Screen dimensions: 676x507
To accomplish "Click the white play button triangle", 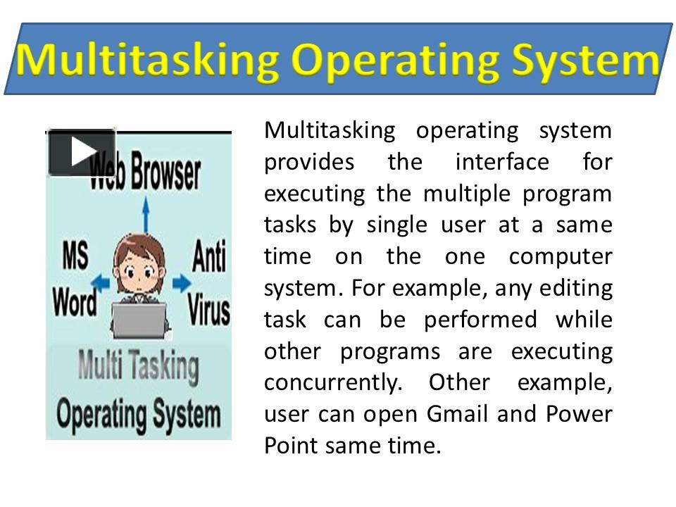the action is [x=83, y=151].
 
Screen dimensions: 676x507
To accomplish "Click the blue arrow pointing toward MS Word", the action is [x=100, y=283].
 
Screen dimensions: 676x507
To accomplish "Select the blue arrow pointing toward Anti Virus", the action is [x=182, y=283].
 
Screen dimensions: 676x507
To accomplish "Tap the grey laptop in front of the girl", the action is [x=139, y=320].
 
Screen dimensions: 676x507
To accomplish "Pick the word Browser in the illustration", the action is [x=165, y=173].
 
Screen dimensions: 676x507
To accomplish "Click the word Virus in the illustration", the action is [x=208, y=308].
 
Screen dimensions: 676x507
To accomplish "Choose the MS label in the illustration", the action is [x=75, y=255].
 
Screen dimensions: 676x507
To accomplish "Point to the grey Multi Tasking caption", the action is [x=139, y=368].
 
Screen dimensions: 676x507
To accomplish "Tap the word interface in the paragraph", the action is [x=502, y=162].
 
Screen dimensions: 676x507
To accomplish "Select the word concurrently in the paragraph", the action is [x=333, y=383].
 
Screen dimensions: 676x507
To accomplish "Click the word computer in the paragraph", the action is [x=561, y=257].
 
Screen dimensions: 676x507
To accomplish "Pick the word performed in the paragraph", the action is [x=480, y=320].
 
